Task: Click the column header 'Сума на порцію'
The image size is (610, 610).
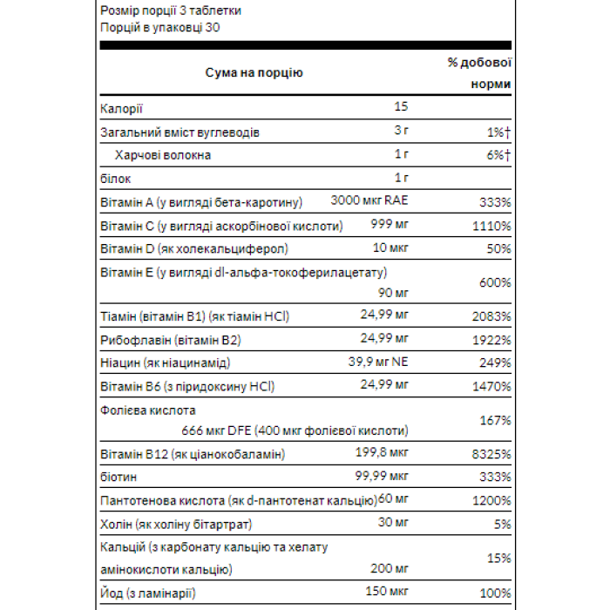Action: (x=254, y=73)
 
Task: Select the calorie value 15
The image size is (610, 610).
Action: (x=401, y=107)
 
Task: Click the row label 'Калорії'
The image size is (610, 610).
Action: (x=122, y=108)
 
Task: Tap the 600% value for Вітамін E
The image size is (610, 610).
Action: (x=495, y=282)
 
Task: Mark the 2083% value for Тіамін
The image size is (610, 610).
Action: (x=492, y=315)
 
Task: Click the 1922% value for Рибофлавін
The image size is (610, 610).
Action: (x=492, y=339)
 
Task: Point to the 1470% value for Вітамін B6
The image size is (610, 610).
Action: (x=492, y=385)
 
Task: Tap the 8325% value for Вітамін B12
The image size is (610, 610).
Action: (x=492, y=454)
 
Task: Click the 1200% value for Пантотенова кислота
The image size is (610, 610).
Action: (x=492, y=500)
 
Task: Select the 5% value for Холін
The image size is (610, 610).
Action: (x=503, y=524)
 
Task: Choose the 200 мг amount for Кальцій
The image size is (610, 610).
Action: (x=388, y=569)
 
